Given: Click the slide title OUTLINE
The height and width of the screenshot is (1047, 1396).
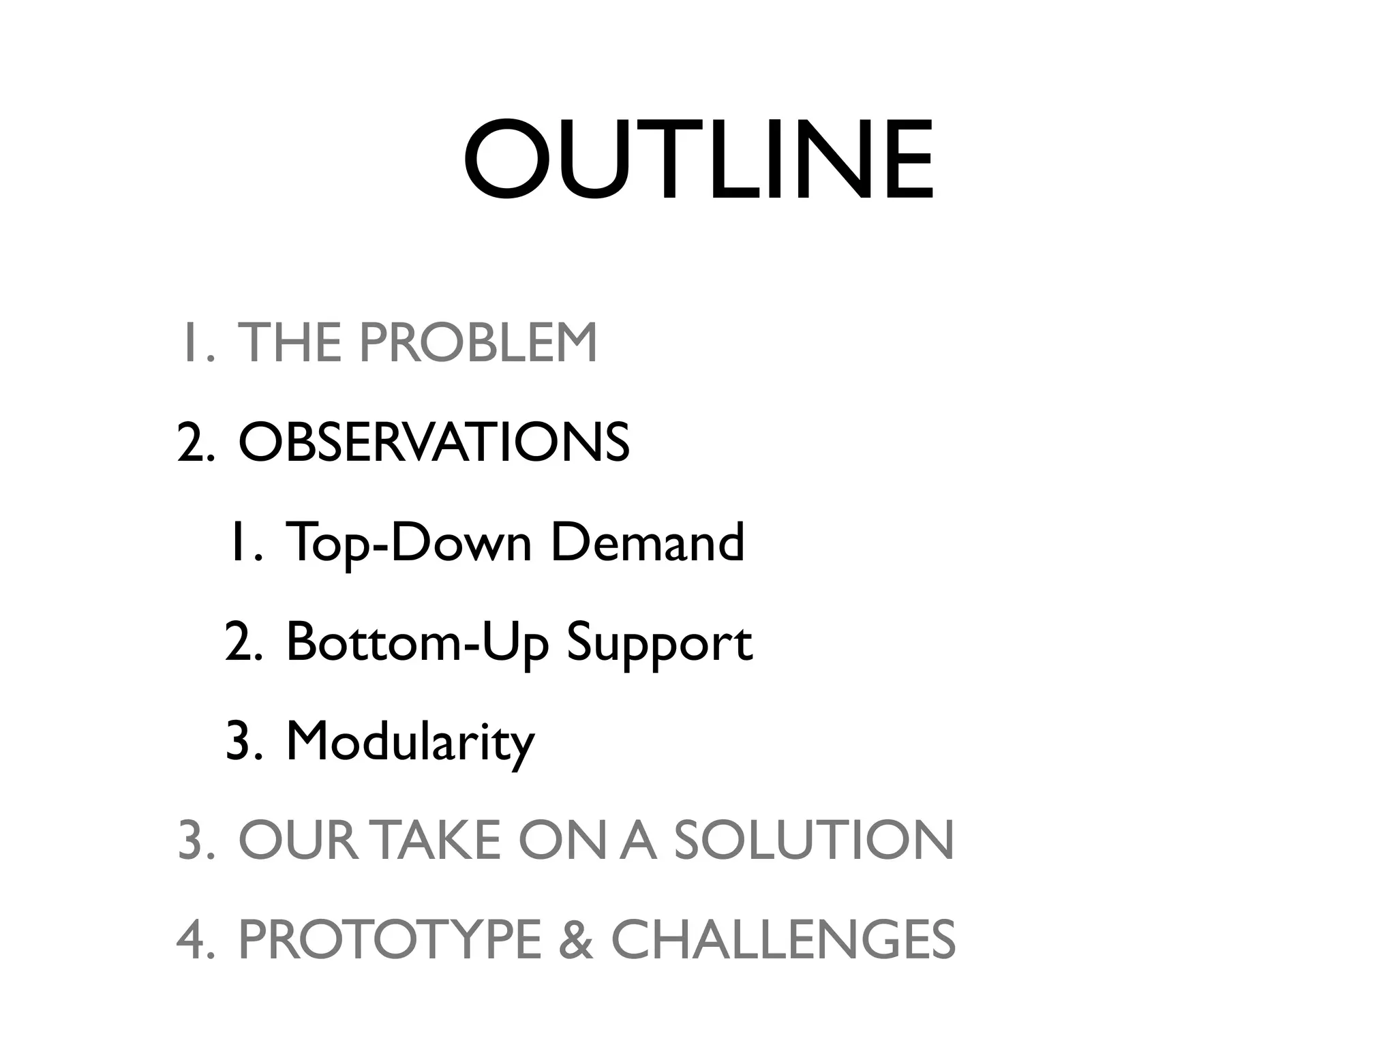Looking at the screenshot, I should click(x=698, y=161).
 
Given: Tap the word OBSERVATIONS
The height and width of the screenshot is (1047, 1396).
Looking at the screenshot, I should click(x=434, y=442).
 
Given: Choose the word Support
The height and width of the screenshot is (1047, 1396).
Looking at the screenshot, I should click(x=659, y=643).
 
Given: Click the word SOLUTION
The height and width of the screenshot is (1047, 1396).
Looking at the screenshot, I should click(x=814, y=840).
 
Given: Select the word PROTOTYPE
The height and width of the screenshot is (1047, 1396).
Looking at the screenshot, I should click(x=389, y=940).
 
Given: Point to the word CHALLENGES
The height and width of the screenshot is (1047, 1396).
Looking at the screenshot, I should click(x=783, y=940).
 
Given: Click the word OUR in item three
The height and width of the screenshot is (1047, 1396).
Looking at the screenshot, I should click(x=298, y=840).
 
